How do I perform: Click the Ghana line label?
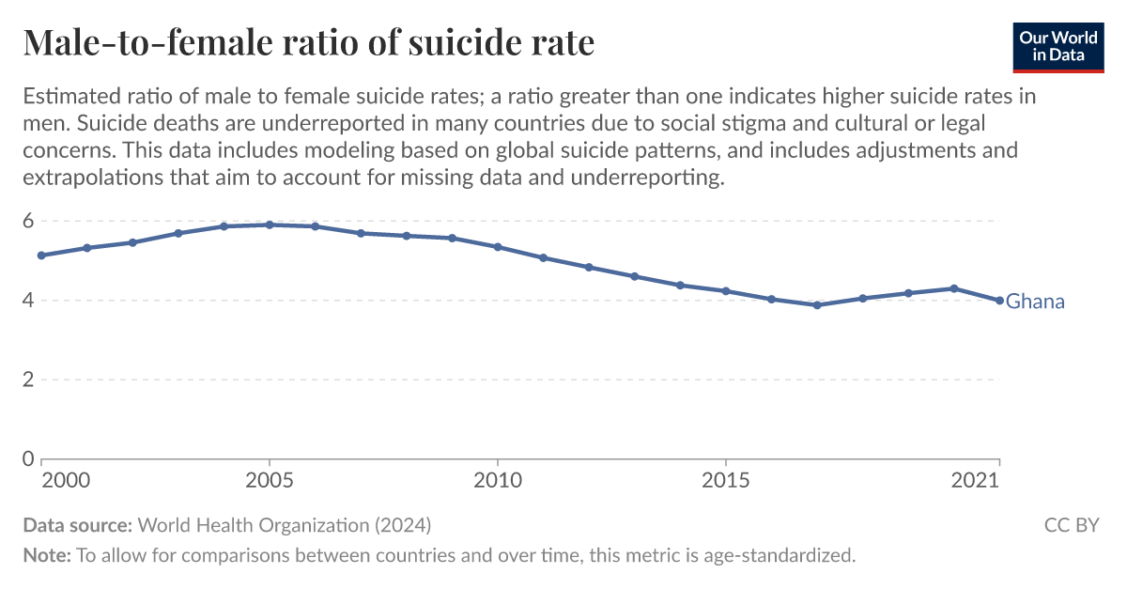[x=1035, y=302]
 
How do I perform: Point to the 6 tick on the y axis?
[x=28, y=222]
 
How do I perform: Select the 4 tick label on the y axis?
[x=28, y=301]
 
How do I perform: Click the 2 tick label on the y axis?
[x=28, y=380]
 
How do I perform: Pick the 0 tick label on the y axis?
[x=28, y=459]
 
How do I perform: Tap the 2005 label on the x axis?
[x=270, y=481]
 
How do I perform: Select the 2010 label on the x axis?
[x=497, y=481]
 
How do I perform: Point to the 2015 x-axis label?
[x=725, y=481]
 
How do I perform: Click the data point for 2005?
[x=270, y=225]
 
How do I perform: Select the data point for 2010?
[x=497, y=247]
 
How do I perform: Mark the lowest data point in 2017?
[x=817, y=305]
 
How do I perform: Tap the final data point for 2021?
[x=999, y=301]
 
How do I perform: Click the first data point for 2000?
[x=41, y=256]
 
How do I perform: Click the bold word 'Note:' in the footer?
[x=47, y=555]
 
